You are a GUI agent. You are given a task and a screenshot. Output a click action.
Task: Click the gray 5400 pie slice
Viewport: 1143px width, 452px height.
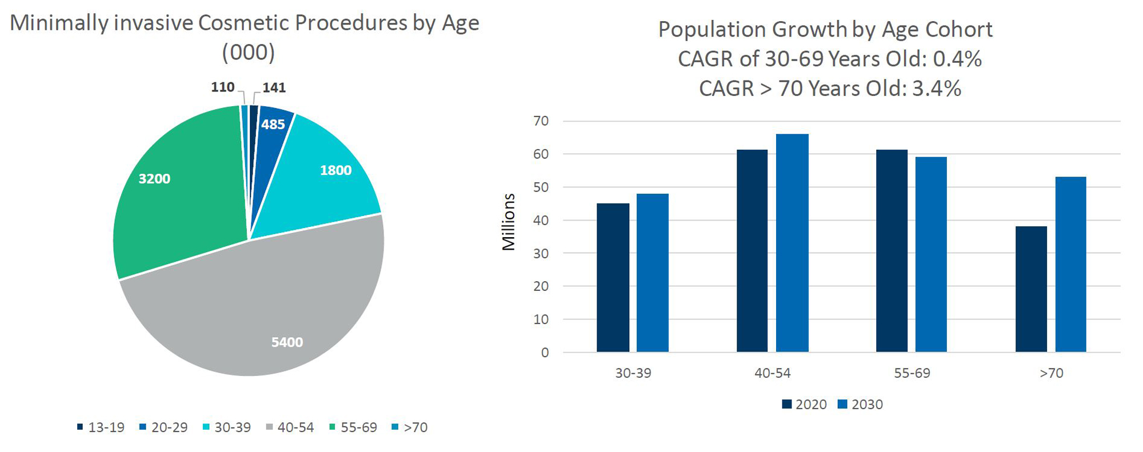click(257, 320)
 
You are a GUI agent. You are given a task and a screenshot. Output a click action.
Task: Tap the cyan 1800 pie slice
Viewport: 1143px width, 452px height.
click(326, 177)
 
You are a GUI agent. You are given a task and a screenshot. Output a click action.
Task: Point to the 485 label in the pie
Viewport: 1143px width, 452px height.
click(273, 125)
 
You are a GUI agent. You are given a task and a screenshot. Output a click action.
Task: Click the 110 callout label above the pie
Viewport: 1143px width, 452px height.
click(223, 87)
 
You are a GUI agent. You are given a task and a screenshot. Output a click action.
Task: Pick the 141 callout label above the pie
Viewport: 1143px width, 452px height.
click(274, 88)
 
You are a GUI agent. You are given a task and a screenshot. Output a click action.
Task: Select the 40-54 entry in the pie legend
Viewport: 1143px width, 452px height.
click(290, 427)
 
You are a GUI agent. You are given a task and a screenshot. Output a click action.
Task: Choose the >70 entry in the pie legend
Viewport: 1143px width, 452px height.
click(410, 427)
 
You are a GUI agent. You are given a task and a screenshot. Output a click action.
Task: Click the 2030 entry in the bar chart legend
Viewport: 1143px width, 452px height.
click(861, 405)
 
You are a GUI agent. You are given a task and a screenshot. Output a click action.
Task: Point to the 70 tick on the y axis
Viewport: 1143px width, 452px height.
click(541, 121)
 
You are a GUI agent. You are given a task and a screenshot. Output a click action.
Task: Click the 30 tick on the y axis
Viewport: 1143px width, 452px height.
click(541, 253)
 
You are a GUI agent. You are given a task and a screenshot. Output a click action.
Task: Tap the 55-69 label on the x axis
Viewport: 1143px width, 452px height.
click(912, 373)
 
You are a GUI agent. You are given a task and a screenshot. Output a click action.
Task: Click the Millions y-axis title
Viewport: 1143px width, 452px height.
click(509, 222)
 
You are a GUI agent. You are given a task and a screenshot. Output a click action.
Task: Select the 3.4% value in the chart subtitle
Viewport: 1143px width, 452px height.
click(936, 89)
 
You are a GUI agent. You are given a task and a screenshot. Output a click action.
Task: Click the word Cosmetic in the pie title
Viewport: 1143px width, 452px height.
click(245, 23)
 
